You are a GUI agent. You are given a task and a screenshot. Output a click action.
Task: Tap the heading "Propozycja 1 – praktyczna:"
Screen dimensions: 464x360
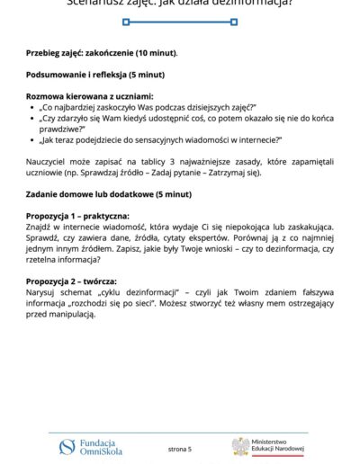click(77, 217)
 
